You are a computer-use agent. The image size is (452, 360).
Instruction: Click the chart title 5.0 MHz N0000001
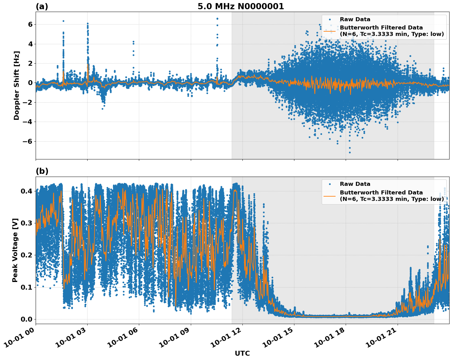tap(241, 6)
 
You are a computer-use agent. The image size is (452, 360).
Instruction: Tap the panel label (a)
tap(42, 6)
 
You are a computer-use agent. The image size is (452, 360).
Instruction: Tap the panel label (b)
tap(42, 171)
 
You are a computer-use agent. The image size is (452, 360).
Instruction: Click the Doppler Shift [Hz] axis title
tap(17, 85)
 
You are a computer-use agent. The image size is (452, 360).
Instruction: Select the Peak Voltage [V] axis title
tap(15, 250)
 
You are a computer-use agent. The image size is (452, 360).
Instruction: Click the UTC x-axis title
tap(242, 353)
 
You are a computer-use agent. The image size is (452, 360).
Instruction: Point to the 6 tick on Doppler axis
tap(30, 24)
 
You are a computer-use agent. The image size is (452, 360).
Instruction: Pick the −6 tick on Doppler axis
tap(28, 141)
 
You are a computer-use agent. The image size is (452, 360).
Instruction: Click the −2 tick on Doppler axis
tap(28, 102)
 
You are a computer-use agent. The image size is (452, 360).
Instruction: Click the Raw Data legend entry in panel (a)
tap(355, 19)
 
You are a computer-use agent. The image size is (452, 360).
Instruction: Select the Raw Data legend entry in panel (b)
tap(355, 184)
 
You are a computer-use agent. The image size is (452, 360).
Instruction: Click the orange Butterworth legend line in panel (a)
tap(330, 31)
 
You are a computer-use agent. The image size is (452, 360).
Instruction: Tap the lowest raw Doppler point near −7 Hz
tap(350, 152)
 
